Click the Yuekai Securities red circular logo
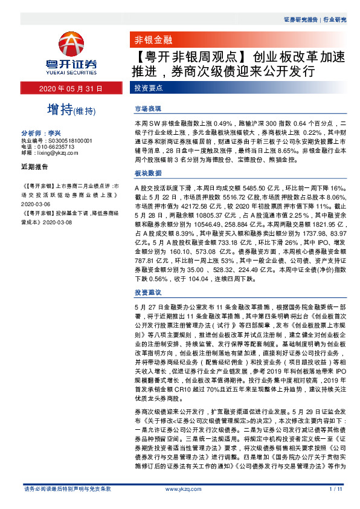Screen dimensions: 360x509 (x=71, y=44)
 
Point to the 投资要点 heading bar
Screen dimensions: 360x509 (x=148, y=89)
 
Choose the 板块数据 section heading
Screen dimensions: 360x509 (x=147, y=173)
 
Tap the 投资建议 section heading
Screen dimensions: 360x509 (x=147, y=293)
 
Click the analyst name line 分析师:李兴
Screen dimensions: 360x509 (x=42, y=132)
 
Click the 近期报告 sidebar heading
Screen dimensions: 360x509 (x=34, y=166)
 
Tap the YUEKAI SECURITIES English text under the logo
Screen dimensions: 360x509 (x=71, y=71)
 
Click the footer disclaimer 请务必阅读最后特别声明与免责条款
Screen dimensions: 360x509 (x=66, y=488)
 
